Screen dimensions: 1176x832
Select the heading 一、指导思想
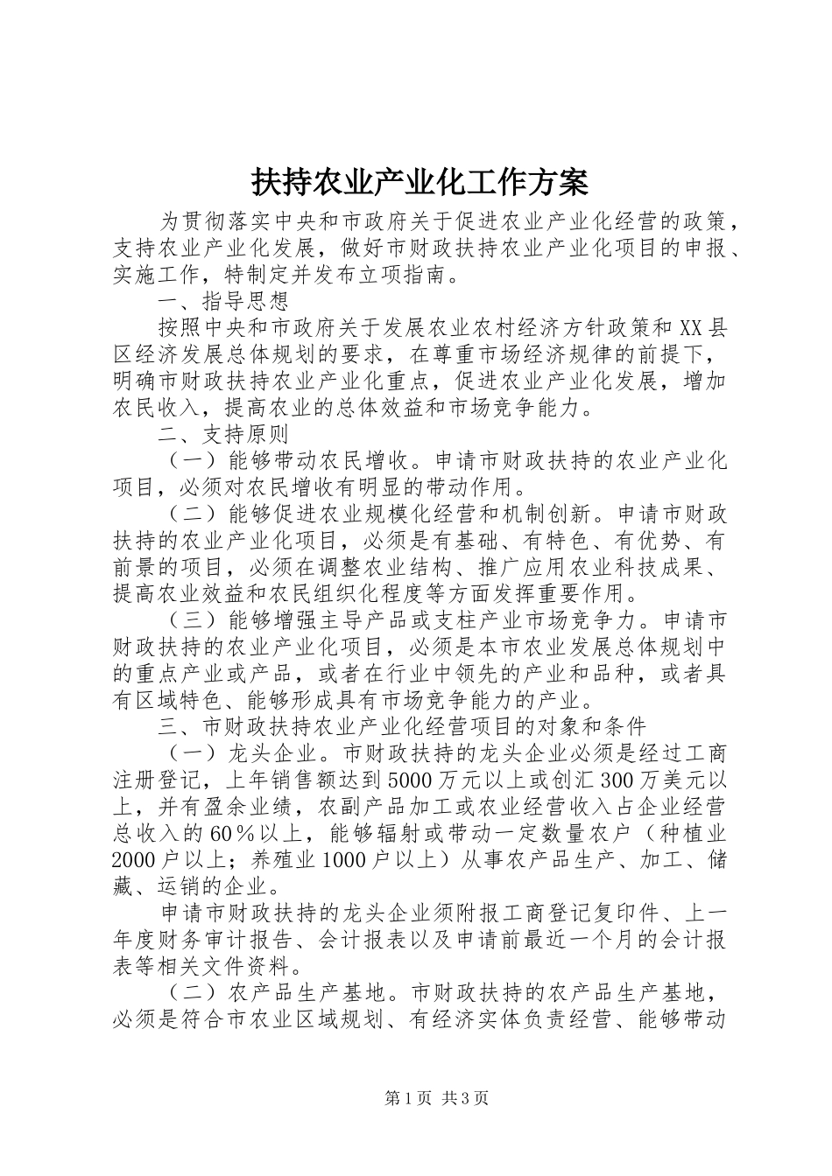coord(223,303)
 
